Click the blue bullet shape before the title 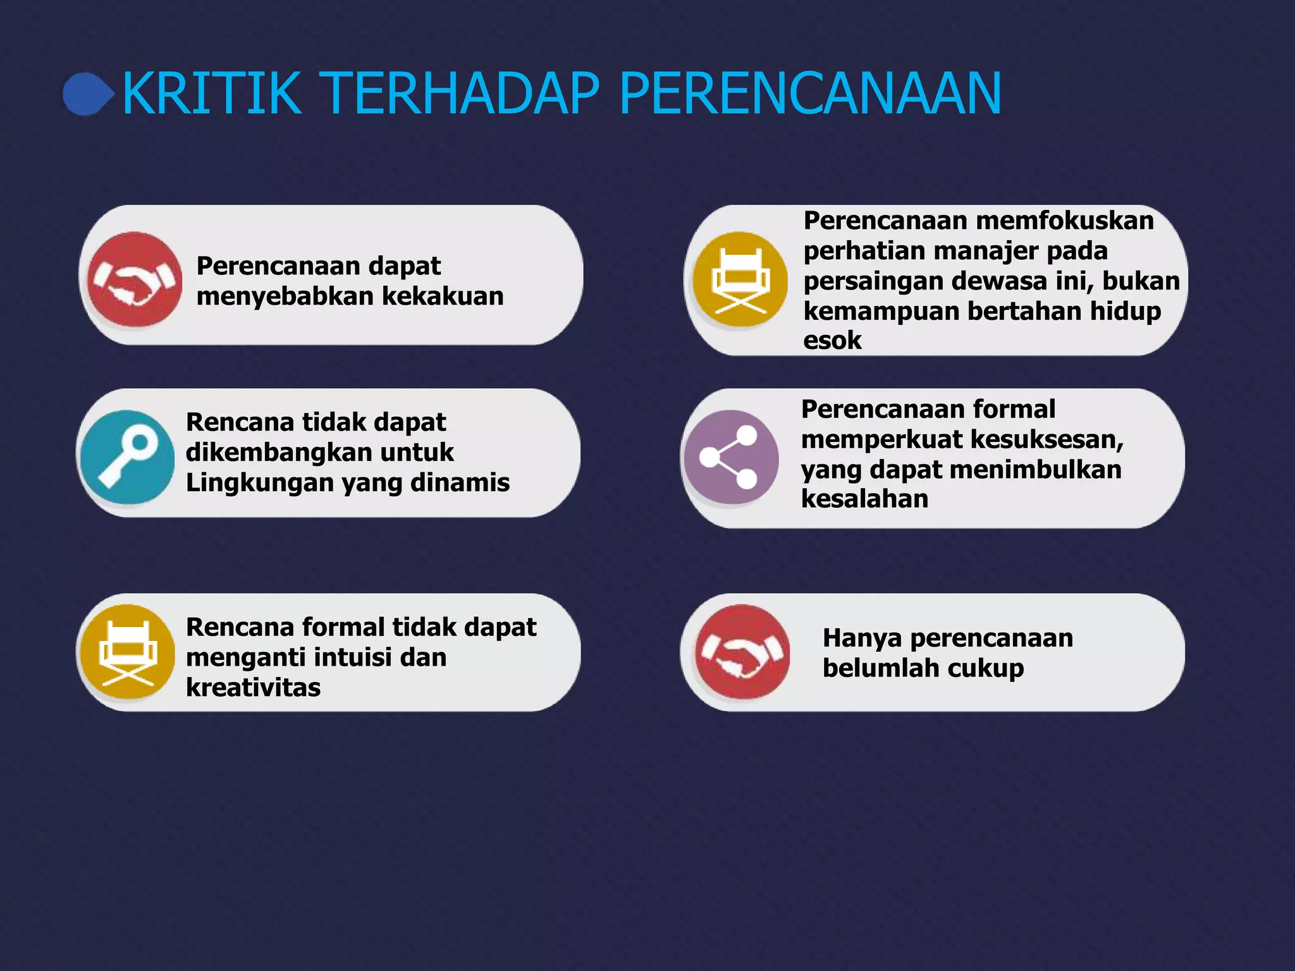(87, 94)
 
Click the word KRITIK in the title (212, 94)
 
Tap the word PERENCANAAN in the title (810, 94)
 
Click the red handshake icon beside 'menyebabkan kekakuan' (134, 279)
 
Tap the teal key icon (128, 456)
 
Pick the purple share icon (731, 457)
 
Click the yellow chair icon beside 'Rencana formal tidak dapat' (128, 652)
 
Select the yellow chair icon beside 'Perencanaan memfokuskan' (740, 279)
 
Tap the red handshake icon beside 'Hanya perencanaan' (742, 652)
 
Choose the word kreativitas (253, 687)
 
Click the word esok (832, 340)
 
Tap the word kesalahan (864, 499)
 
